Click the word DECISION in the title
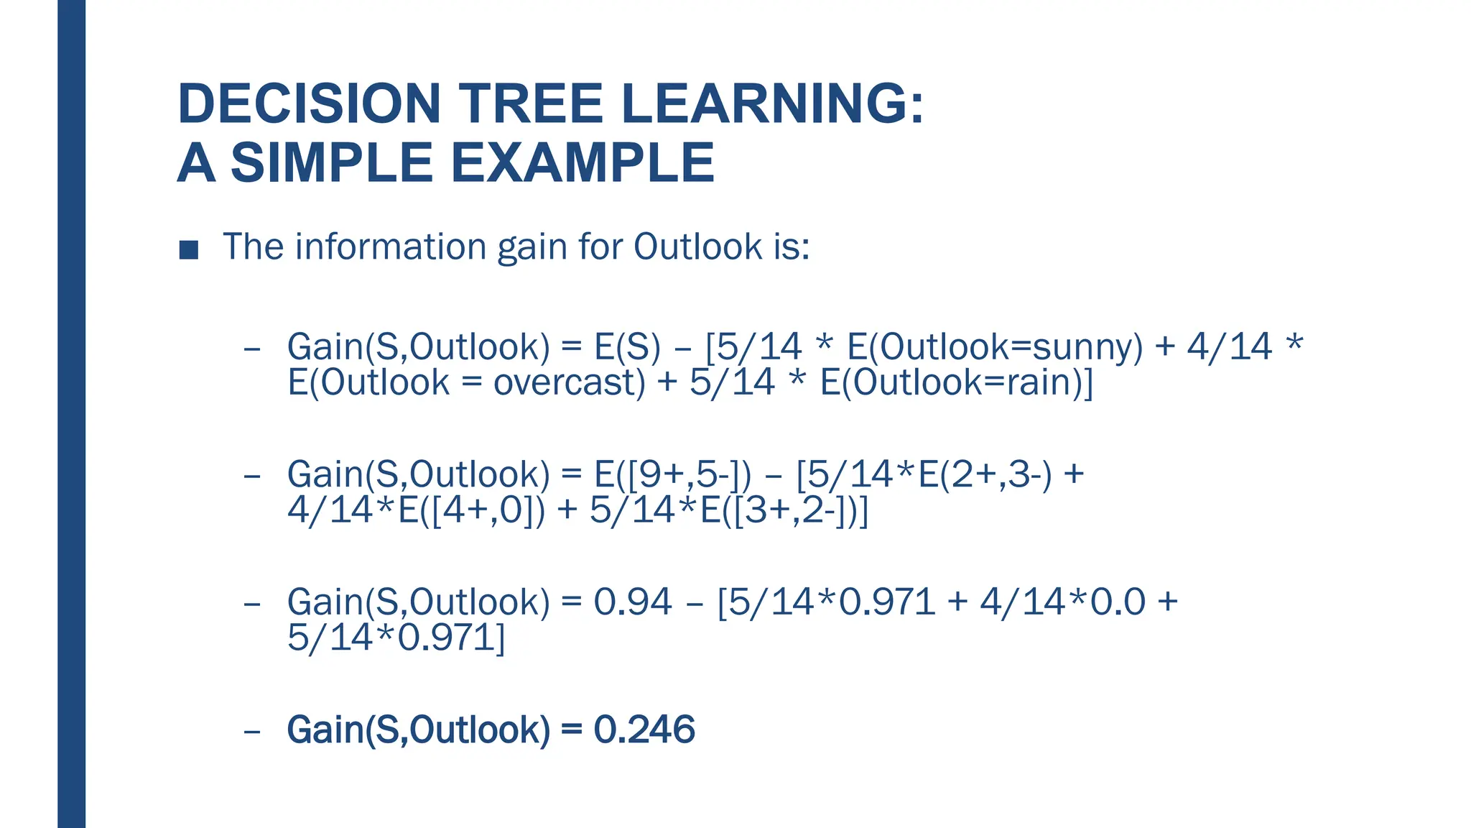[309, 104]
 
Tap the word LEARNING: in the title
[772, 104]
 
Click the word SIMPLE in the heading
[331, 163]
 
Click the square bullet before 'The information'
[189, 249]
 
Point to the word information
[391, 247]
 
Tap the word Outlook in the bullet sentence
[697, 247]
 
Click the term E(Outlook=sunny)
[995, 346]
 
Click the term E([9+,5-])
[672, 474]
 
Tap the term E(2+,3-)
[985, 474]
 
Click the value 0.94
[633, 602]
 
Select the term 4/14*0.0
[1062, 602]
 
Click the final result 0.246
[644, 730]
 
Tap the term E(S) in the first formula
[627, 346]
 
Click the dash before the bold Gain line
[251, 732]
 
